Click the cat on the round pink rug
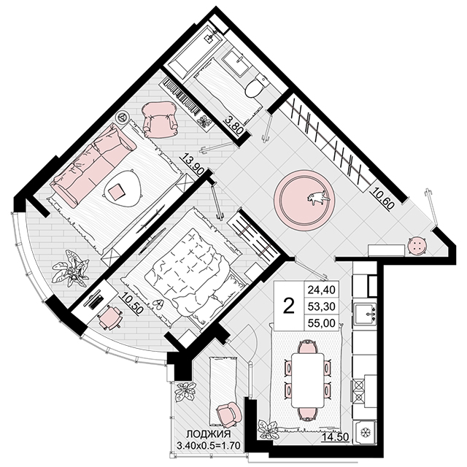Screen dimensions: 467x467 point(318,198)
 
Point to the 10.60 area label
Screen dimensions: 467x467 point(382,196)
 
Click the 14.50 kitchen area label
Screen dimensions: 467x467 point(336,438)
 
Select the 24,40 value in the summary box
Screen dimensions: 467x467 point(321,289)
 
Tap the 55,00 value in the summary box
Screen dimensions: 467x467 point(321,323)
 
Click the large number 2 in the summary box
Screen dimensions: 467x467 point(289,306)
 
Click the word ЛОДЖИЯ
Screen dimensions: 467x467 point(209,433)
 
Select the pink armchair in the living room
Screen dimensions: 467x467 point(159,119)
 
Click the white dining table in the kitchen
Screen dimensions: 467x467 point(307,380)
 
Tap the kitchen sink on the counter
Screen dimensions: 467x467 point(365,314)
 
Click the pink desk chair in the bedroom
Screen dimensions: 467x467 point(109,317)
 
